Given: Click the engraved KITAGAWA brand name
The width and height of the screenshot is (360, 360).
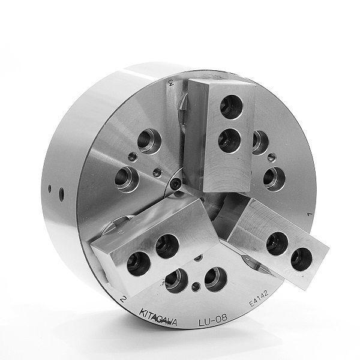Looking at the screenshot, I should coord(161,314).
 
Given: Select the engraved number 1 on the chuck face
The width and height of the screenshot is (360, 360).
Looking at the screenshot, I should coord(308,214).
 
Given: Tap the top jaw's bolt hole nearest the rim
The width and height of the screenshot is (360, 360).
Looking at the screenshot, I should coord(229,107).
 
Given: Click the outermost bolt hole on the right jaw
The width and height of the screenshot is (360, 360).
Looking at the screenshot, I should coord(302,258).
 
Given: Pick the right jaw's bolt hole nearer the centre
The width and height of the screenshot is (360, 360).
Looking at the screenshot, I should coord(275,242).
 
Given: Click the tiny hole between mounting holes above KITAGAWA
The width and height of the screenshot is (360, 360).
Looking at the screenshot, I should coord(196,260).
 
